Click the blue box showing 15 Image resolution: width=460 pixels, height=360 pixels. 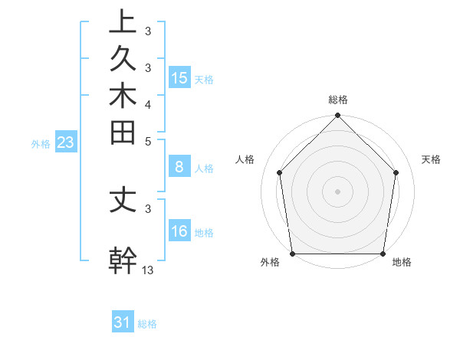pos(179,78)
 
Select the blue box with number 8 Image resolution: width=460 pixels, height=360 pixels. pos(179,166)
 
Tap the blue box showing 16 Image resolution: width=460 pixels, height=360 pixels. pos(179,231)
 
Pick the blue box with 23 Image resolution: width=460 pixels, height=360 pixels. pos(65,142)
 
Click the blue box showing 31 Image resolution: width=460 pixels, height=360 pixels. pos(123,322)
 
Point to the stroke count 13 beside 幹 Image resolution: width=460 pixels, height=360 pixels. pos(148,270)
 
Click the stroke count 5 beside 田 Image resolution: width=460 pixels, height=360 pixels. pos(148,141)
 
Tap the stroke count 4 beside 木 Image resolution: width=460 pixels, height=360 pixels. pos(148,104)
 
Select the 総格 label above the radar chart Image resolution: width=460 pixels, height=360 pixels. pos(338,100)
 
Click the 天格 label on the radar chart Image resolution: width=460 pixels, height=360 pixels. pos(432,159)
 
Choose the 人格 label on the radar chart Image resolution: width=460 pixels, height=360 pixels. pos(245,159)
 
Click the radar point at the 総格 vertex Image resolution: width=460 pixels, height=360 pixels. pos(338,116)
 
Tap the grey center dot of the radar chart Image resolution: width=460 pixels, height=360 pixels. pos(338,191)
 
